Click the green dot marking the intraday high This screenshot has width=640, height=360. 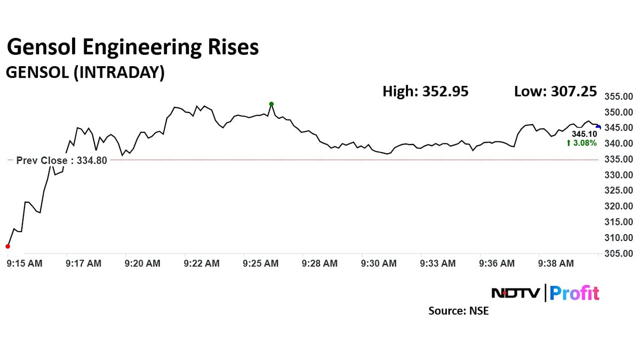(x=271, y=104)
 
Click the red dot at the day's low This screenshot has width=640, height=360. (x=7, y=246)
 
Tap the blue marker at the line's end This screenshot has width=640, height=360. (x=598, y=127)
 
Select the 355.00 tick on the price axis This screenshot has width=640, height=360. (x=619, y=97)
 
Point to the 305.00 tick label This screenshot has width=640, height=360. (x=619, y=253)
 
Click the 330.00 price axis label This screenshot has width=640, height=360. (x=619, y=175)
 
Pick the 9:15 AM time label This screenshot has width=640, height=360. (x=25, y=263)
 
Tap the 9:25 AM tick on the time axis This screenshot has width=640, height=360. (x=261, y=263)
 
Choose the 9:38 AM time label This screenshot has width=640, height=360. (x=556, y=263)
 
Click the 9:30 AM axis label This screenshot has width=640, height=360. (x=379, y=263)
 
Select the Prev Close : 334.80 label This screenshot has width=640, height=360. (x=62, y=160)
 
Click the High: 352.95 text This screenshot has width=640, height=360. (x=426, y=91)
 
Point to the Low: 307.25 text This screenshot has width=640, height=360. (x=555, y=91)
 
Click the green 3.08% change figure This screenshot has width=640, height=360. (x=582, y=142)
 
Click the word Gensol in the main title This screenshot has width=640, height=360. (x=43, y=48)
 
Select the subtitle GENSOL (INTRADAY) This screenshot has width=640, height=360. (x=84, y=73)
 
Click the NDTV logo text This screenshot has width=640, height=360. (x=515, y=293)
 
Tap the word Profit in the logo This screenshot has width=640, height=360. (x=574, y=293)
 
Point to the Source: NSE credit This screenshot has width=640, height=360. (x=458, y=310)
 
